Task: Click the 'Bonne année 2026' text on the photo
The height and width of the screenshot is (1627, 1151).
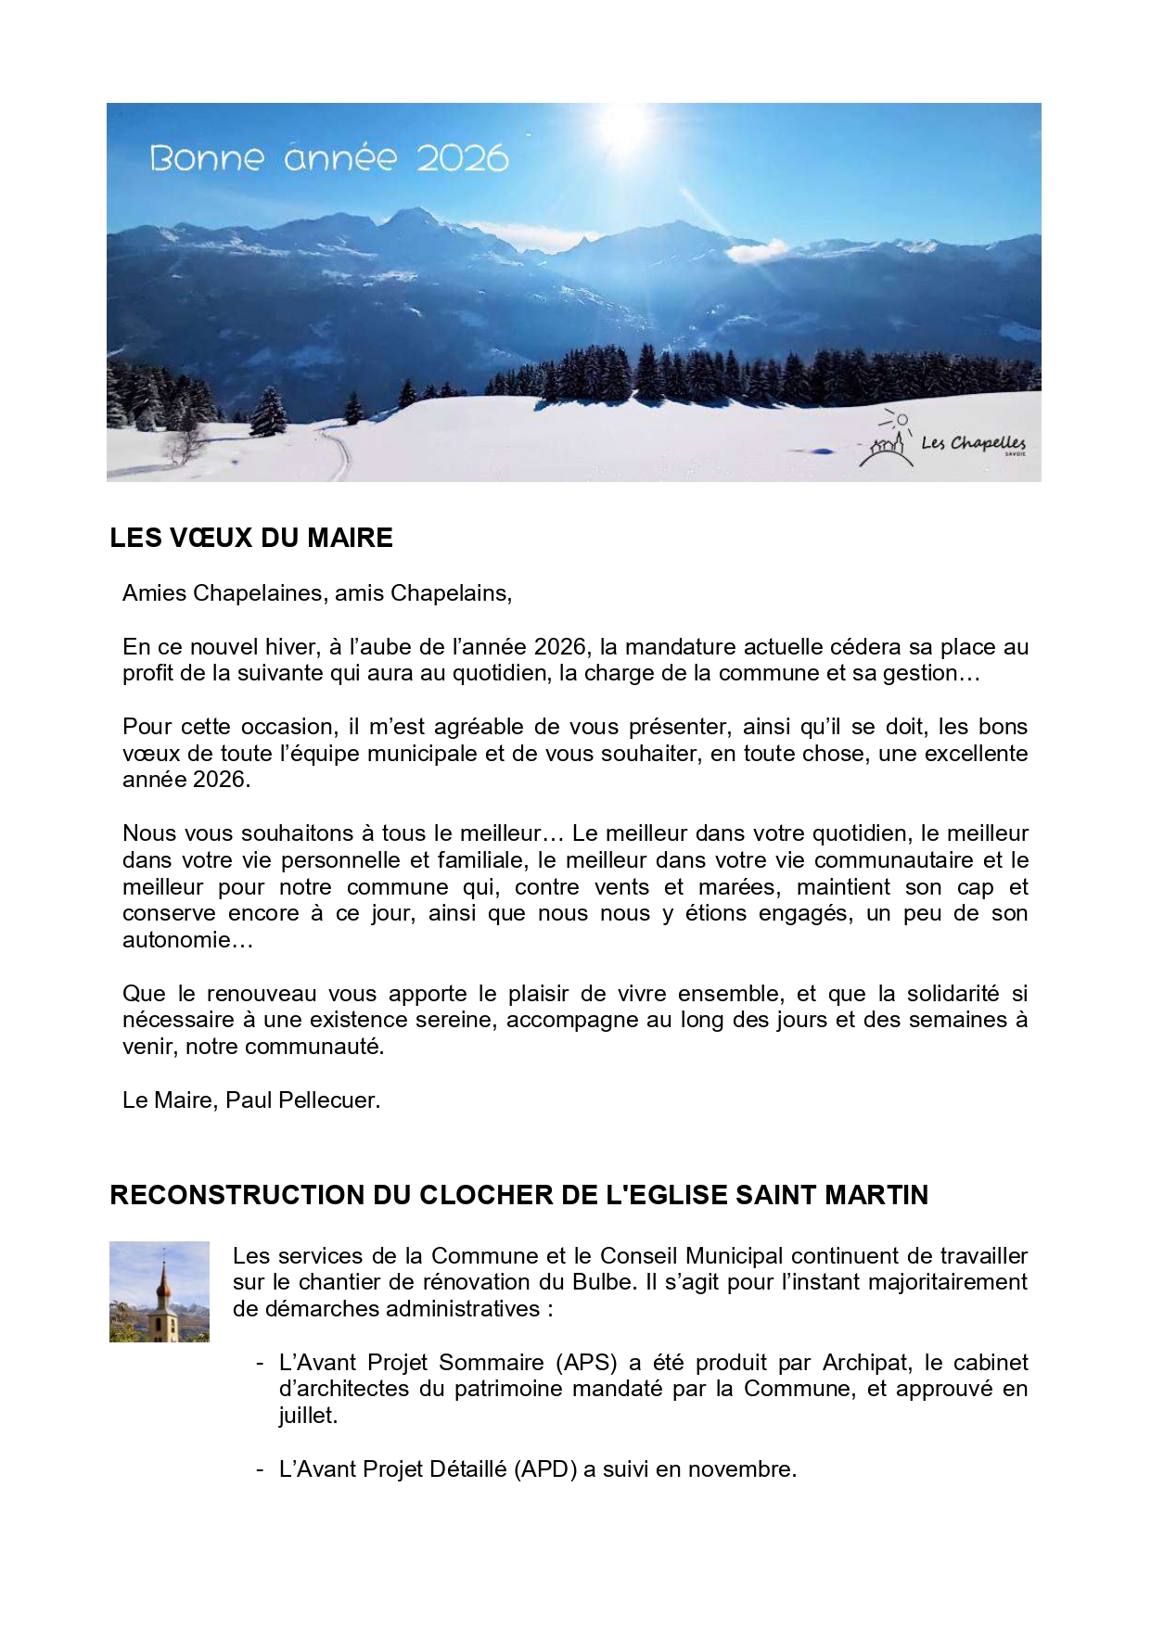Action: pos(328,159)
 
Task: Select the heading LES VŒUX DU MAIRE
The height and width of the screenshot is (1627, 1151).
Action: pos(251,539)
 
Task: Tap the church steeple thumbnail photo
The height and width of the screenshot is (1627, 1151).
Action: pos(160,1291)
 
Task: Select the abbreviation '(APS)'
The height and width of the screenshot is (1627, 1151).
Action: pos(586,1363)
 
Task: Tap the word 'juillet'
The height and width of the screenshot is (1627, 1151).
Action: pos(306,1416)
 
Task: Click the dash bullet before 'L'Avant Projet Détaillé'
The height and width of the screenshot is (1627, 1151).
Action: pos(261,1469)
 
